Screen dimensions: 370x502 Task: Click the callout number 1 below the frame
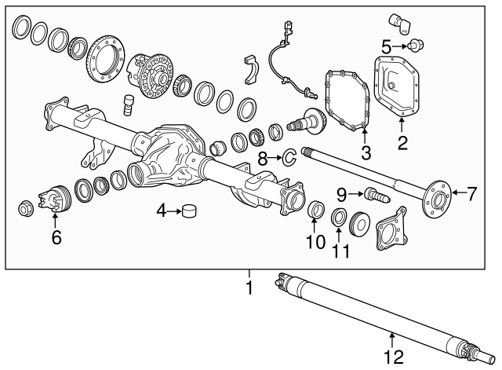coord(249,288)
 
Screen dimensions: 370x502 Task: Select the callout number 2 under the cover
coord(402,142)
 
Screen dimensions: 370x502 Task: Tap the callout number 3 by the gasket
coord(366,151)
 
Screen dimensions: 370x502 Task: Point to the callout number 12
coord(394,358)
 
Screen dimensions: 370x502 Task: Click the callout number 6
coord(56,236)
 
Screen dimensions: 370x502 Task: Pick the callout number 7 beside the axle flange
coord(471,194)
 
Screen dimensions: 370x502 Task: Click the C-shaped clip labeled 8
coord(288,158)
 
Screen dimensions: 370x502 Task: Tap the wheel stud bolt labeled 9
coord(371,192)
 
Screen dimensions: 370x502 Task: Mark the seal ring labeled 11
coord(339,217)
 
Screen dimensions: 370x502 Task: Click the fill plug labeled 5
coord(417,46)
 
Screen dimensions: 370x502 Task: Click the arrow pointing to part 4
coord(173,211)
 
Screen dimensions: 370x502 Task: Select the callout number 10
coord(315,243)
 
